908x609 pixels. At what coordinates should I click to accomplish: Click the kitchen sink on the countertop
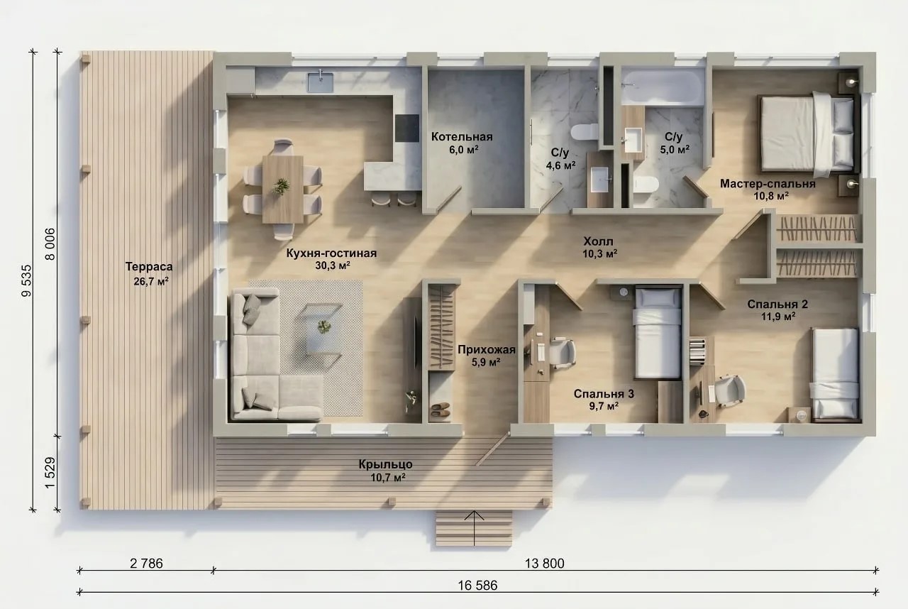click(x=320, y=82)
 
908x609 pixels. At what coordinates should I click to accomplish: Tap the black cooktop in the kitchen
click(x=407, y=128)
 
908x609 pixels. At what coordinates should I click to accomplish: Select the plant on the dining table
click(x=280, y=187)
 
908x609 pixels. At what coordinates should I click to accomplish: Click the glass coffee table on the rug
click(x=320, y=329)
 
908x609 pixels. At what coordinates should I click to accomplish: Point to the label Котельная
click(x=462, y=137)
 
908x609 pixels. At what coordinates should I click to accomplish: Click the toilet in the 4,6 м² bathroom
click(x=584, y=132)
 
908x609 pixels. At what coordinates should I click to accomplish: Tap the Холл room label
click(x=598, y=241)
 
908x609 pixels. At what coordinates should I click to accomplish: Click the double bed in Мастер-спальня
click(x=809, y=134)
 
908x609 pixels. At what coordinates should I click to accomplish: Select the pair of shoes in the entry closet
click(x=441, y=410)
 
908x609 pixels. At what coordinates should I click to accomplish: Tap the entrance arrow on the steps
click(x=474, y=528)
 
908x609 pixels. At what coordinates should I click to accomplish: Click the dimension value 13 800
click(x=544, y=563)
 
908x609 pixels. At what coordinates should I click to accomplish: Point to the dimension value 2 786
click(x=146, y=563)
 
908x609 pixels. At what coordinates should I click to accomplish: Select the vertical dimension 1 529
click(x=50, y=473)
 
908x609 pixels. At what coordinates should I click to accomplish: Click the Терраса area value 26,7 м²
click(x=151, y=281)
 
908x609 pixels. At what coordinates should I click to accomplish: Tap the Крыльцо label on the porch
click(x=385, y=463)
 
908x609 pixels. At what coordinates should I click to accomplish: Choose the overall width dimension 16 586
click(x=477, y=585)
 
